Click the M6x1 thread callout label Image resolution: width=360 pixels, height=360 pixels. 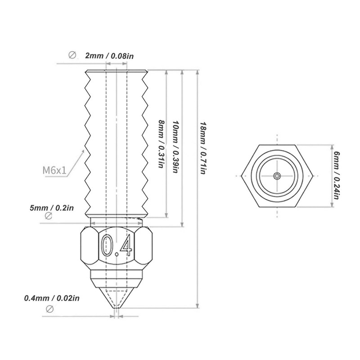coord(54,170)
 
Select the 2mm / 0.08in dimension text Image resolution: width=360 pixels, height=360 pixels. coord(109,56)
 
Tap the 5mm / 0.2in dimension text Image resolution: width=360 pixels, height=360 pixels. coord(52,208)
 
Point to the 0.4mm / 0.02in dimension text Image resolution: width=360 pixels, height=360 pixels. coord(52,298)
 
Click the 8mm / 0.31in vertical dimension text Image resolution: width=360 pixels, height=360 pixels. coord(161,144)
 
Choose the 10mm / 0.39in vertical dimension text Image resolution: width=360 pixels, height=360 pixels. coord(175,147)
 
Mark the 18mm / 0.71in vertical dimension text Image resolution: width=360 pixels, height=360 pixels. coord(203,148)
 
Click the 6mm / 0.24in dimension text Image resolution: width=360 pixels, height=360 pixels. coord(337,175)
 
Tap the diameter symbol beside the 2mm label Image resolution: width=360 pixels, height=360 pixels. coord(72,55)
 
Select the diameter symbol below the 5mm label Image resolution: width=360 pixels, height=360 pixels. coord(49,216)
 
